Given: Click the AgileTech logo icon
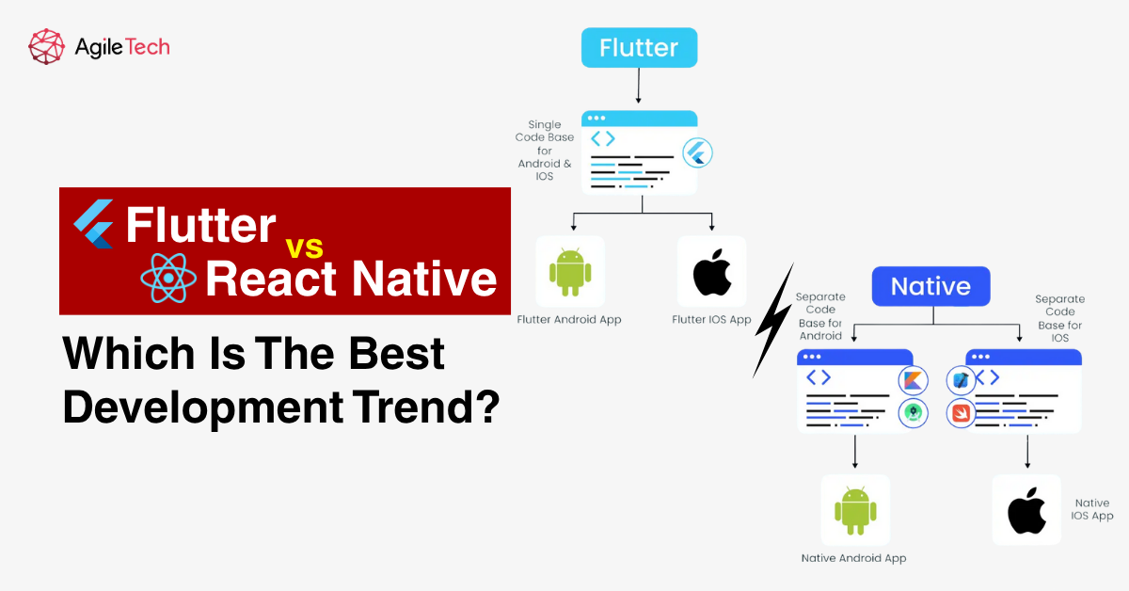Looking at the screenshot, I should click(x=46, y=46).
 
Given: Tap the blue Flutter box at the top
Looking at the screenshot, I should click(x=639, y=47).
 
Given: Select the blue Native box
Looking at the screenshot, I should click(x=930, y=286).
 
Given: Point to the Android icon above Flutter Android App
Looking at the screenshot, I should click(x=570, y=271).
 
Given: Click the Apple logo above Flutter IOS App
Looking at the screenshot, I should click(x=711, y=271).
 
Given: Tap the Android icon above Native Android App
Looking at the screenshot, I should click(x=854, y=510).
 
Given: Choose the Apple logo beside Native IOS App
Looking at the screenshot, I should click(x=1026, y=511).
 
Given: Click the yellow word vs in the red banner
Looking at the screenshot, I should click(x=304, y=247).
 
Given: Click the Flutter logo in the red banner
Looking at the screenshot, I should click(x=94, y=224).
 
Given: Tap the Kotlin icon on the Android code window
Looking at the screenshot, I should click(x=912, y=380).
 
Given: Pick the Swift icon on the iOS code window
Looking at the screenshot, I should click(x=961, y=412).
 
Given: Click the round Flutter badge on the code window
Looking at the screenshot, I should click(x=697, y=152).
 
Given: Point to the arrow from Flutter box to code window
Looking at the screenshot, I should click(x=639, y=86).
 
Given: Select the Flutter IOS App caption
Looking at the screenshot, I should click(x=711, y=320).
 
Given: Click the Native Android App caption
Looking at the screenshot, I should click(x=853, y=558).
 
